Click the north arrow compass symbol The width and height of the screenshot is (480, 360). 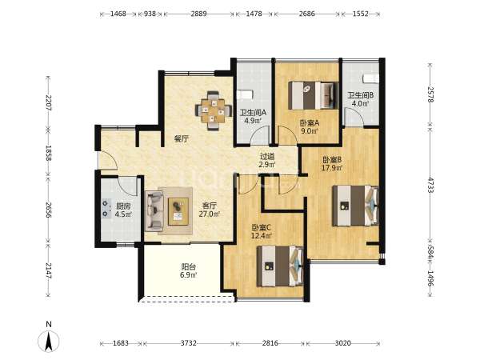click(x=48, y=340)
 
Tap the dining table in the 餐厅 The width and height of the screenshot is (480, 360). click(x=214, y=111)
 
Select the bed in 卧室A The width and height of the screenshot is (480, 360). click(x=313, y=95)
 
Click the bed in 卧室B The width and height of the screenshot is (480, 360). click(x=355, y=206)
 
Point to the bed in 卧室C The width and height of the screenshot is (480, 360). click(x=280, y=266)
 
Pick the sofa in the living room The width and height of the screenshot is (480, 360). click(x=154, y=211)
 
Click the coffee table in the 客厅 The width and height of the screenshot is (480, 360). click(x=178, y=211)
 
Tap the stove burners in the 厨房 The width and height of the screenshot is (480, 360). click(x=106, y=209)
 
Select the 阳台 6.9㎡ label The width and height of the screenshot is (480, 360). click(x=188, y=270)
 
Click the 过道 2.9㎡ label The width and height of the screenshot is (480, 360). click(x=267, y=160)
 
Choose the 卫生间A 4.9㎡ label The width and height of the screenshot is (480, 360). click(x=253, y=116)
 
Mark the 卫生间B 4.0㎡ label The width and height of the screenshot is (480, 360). click(x=360, y=99)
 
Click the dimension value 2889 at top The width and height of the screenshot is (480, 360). click(x=198, y=14)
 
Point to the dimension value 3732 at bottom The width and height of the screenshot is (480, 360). click(x=188, y=343)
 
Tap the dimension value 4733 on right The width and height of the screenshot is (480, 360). click(x=430, y=185)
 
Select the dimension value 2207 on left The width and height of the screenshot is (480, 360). click(x=48, y=102)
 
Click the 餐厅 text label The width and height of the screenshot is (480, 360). click(x=182, y=139)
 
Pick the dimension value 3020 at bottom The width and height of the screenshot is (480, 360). click(x=343, y=343)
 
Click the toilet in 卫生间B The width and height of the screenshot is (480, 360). click(x=370, y=78)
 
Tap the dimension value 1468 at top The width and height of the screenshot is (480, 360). click(x=118, y=14)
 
